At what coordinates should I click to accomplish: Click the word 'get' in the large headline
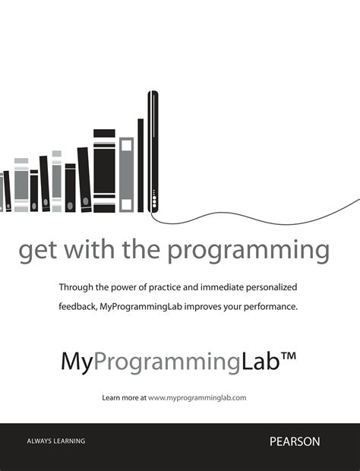click(37, 251)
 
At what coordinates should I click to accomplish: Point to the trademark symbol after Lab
click(283, 356)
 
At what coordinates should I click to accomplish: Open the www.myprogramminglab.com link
click(197, 397)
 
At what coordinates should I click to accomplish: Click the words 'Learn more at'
click(124, 397)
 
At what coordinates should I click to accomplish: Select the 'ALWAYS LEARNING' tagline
click(56, 441)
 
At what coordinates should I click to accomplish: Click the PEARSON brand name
click(295, 441)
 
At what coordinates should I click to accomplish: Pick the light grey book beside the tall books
click(126, 175)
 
